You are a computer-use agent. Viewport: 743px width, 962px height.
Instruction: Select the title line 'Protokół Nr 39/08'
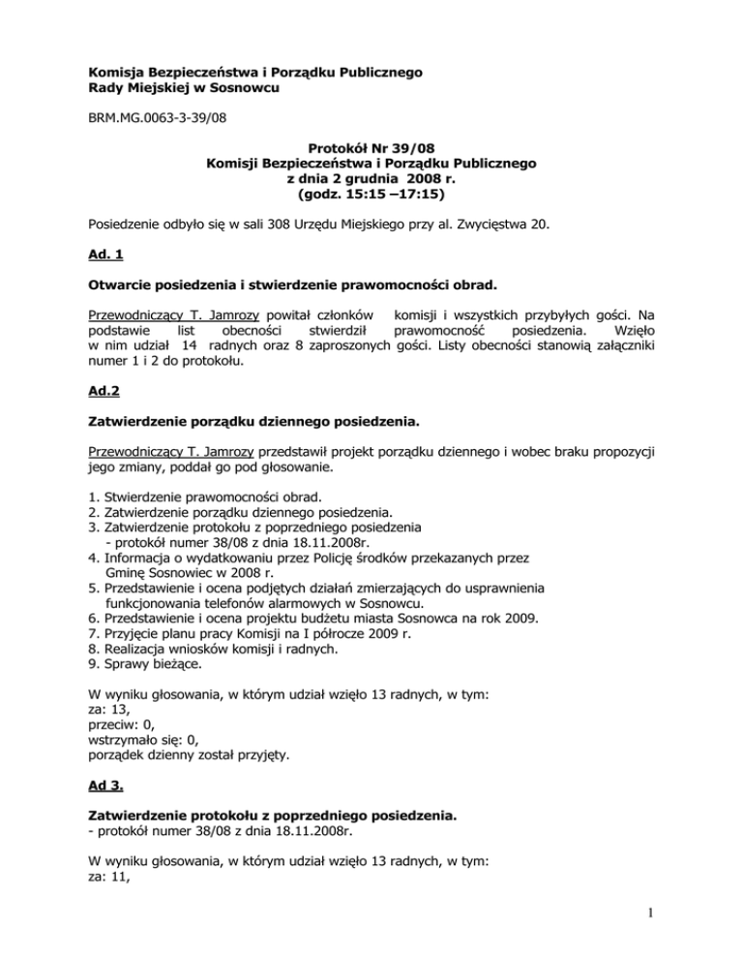372,149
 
